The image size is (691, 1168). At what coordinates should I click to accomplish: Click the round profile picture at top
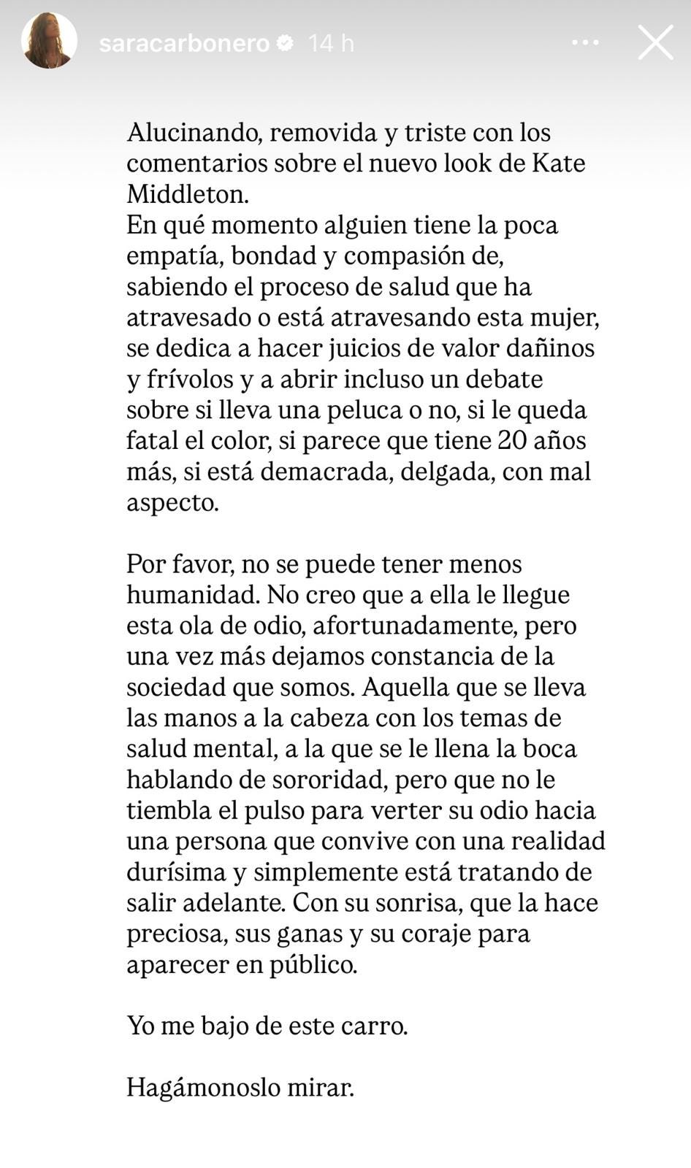click(x=49, y=41)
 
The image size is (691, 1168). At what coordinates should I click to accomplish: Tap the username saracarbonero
click(x=184, y=44)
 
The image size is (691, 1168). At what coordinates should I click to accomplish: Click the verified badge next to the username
click(x=286, y=44)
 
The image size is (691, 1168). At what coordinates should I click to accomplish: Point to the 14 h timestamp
click(x=331, y=44)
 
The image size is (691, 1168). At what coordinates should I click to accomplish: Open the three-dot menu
click(x=585, y=43)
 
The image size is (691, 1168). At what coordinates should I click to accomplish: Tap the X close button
click(x=655, y=42)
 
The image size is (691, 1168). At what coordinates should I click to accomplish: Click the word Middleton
click(x=187, y=194)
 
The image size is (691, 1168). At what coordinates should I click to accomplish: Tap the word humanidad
click(x=193, y=595)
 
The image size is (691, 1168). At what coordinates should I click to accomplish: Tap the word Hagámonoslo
click(x=209, y=1088)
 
